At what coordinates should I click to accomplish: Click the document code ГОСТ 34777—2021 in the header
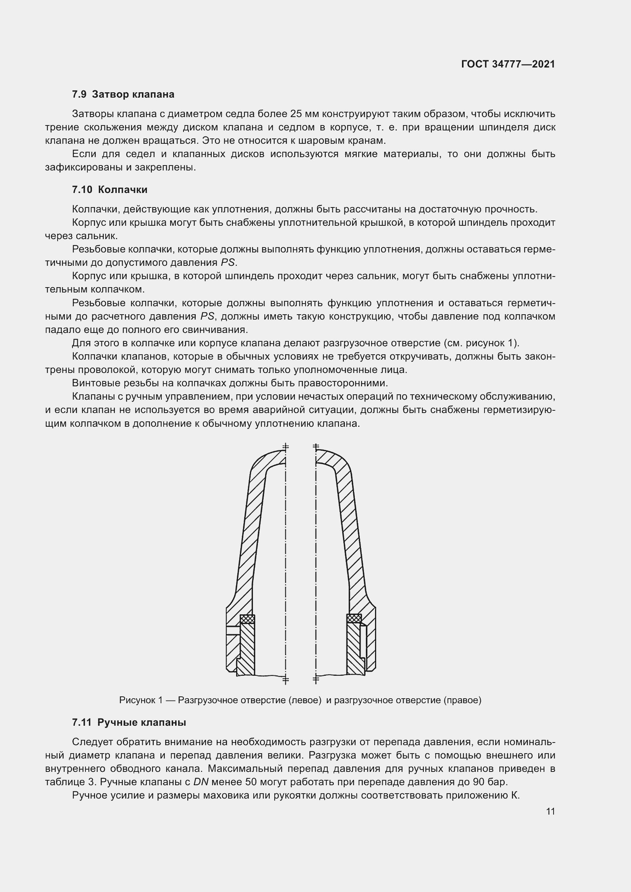[x=508, y=64]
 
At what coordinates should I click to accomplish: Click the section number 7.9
[x=79, y=95]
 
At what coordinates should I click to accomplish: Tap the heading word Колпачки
[x=122, y=190]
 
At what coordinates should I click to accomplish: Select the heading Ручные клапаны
[x=142, y=722]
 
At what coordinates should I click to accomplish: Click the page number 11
[x=550, y=811]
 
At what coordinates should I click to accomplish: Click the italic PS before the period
[x=228, y=263]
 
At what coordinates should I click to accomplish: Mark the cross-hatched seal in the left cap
[x=247, y=619]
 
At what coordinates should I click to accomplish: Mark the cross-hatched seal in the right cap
[x=354, y=618]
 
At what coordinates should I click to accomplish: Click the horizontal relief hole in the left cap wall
[x=232, y=630]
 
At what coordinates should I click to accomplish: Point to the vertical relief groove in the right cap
[x=362, y=641]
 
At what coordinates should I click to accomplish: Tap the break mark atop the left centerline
[x=286, y=447]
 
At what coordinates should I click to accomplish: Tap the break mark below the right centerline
[x=315, y=679]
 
